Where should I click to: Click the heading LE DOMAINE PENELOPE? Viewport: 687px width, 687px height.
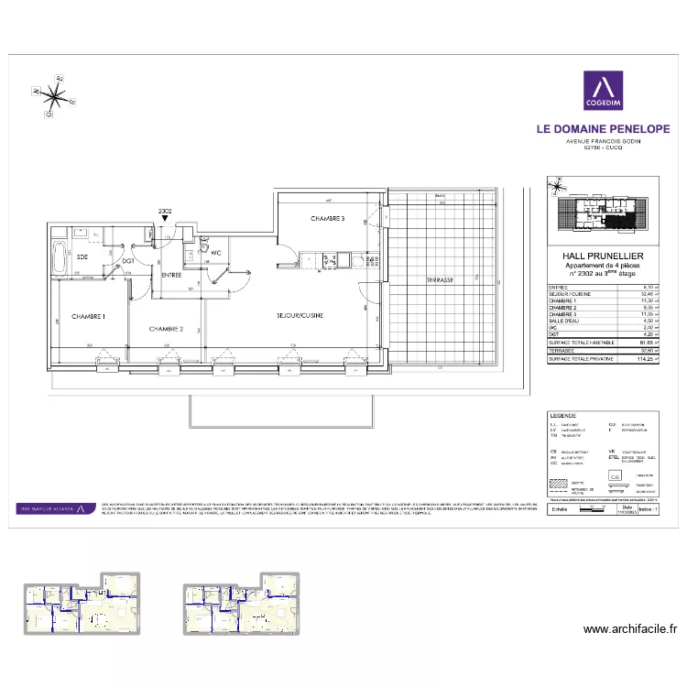pyautogui.click(x=603, y=129)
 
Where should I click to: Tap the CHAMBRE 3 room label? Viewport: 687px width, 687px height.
pyautogui.click(x=327, y=219)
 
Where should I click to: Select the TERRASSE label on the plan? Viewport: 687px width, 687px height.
pyautogui.click(x=440, y=279)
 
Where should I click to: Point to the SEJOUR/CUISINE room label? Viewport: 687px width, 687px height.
pyautogui.click(x=300, y=315)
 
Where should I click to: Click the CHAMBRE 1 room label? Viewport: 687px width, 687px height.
pyautogui.click(x=89, y=317)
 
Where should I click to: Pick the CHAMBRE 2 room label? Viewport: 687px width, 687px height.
pyautogui.click(x=167, y=329)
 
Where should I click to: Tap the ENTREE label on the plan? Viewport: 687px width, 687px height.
pyautogui.click(x=172, y=275)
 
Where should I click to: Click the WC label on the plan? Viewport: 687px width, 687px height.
pyautogui.click(x=216, y=253)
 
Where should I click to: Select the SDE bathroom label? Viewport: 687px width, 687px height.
pyautogui.click(x=82, y=256)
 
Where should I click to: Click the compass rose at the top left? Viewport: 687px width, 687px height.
pyautogui.click(x=53, y=94)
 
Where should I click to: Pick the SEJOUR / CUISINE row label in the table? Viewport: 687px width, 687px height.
pyautogui.click(x=570, y=294)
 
